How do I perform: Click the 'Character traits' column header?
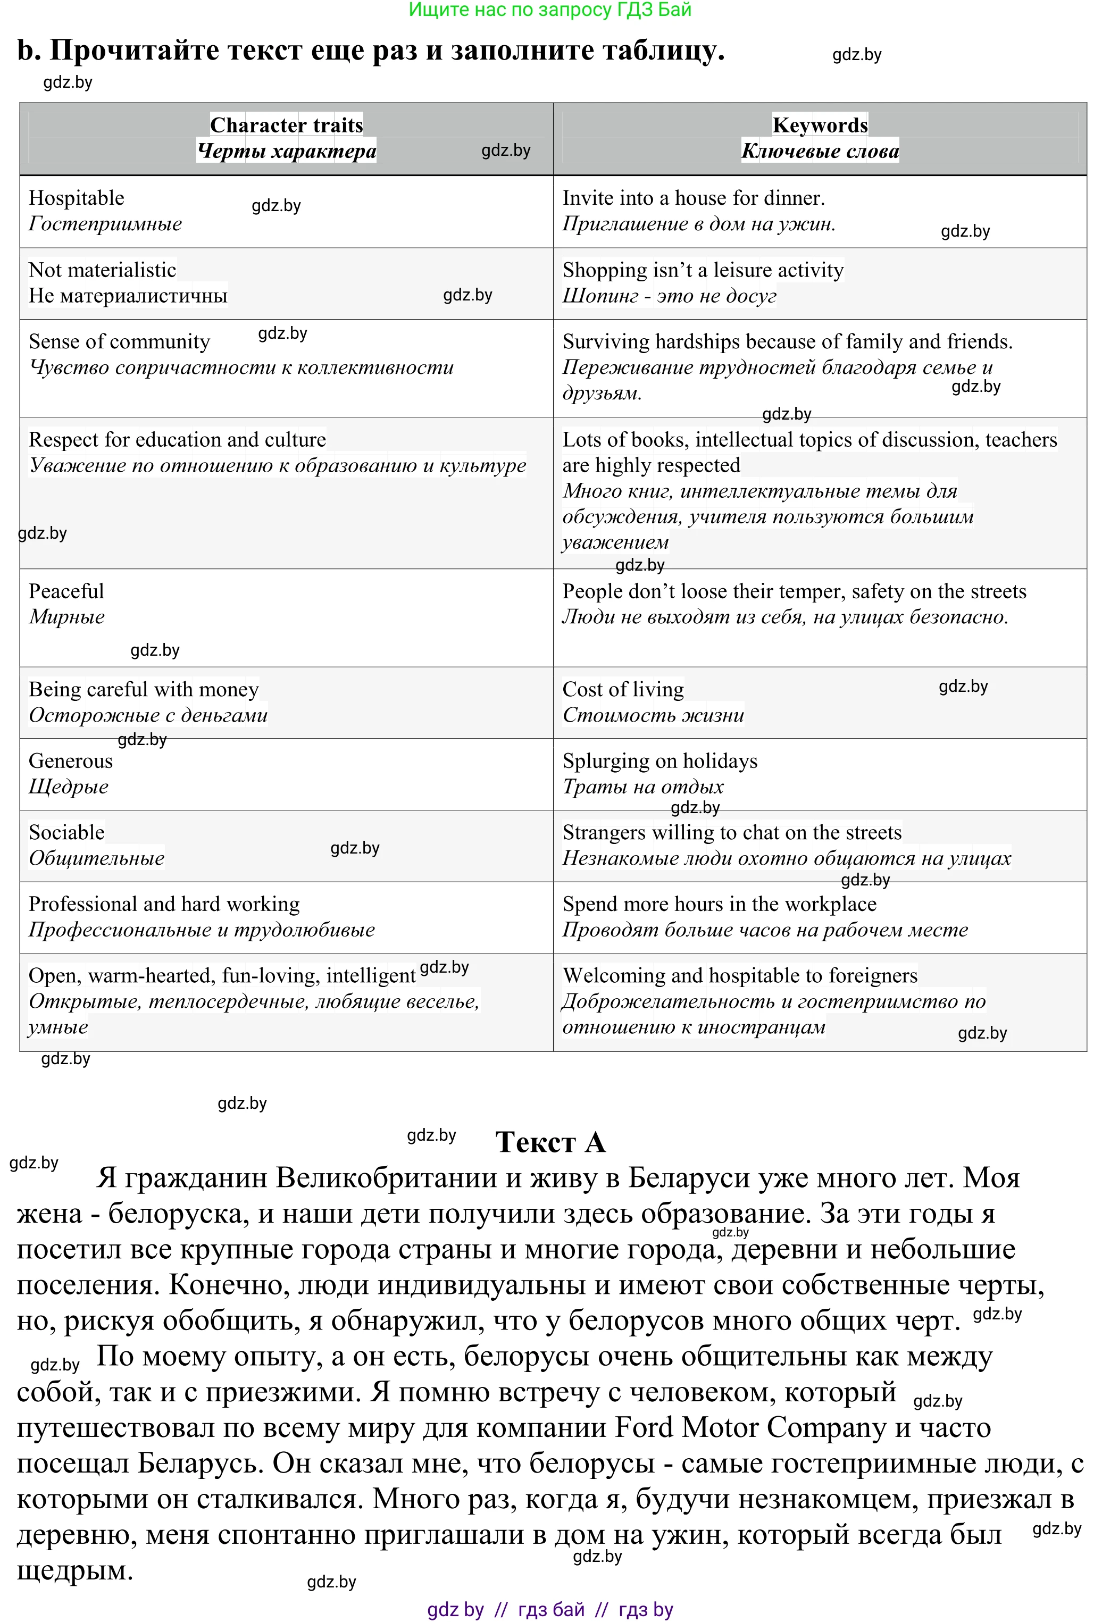tap(286, 125)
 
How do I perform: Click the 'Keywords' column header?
tap(820, 125)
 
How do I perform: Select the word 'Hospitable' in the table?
tap(76, 198)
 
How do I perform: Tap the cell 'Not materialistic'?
tap(102, 270)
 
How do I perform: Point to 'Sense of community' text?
tap(119, 342)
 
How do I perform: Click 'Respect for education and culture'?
tap(177, 440)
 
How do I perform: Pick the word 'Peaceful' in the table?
tap(66, 591)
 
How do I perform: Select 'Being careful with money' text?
tap(144, 690)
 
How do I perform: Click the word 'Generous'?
tap(71, 761)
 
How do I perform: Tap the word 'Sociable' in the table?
tap(66, 833)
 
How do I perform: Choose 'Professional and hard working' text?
tap(164, 905)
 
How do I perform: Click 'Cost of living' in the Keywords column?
tap(623, 690)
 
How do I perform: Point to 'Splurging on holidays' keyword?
tap(659, 761)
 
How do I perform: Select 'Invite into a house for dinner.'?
tap(693, 198)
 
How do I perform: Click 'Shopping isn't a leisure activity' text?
tap(703, 270)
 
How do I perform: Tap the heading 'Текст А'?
tap(550, 1142)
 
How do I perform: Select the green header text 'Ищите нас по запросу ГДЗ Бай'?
tap(550, 10)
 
